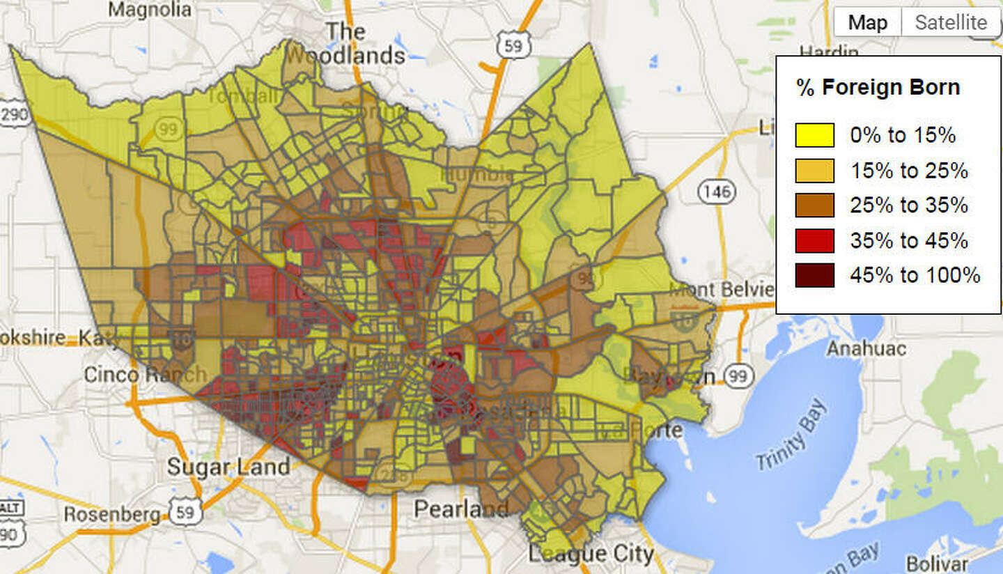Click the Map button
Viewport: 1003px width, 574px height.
[x=867, y=22]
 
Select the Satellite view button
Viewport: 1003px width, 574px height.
[x=951, y=22]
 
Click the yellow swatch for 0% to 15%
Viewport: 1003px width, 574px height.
[x=814, y=135]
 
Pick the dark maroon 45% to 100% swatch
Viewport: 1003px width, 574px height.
[x=814, y=275]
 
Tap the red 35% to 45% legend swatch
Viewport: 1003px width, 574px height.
[x=814, y=240]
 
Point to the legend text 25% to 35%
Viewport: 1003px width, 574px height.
[x=908, y=205]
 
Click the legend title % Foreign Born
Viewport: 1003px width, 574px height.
[x=878, y=88]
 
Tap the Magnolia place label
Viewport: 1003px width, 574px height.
[x=150, y=10]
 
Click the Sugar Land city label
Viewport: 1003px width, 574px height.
[x=228, y=467]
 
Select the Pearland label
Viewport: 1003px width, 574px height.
[x=460, y=509]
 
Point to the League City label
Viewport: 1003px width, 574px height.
[x=591, y=554]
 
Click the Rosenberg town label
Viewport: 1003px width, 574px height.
[x=111, y=515]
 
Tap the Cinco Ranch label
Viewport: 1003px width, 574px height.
[x=145, y=374]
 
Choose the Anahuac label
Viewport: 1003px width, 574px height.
[x=866, y=348]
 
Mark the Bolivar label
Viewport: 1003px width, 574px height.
[x=937, y=563]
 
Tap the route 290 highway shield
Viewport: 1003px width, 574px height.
[x=13, y=114]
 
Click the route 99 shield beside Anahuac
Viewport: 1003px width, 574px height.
[x=738, y=377]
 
